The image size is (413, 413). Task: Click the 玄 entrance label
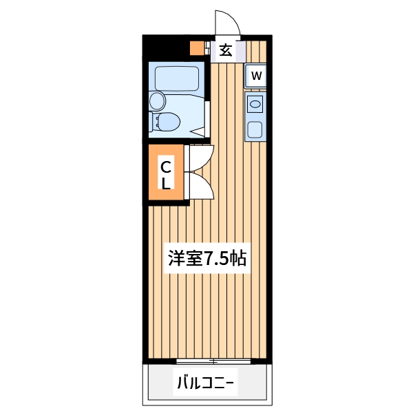(x=225, y=50)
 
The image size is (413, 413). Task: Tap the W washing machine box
(x=256, y=76)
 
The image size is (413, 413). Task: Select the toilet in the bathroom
(x=168, y=122)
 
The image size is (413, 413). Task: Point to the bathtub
(x=177, y=78)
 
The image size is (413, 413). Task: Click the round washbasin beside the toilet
(x=158, y=101)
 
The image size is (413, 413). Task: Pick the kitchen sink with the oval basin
(x=255, y=105)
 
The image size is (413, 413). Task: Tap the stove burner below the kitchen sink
(x=255, y=129)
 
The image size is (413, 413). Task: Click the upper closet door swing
(x=198, y=158)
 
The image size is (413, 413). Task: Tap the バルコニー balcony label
(x=206, y=382)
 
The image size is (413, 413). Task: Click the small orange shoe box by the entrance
(x=196, y=49)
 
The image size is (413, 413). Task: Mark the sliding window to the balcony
(x=214, y=361)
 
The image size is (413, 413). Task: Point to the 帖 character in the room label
(x=238, y=259)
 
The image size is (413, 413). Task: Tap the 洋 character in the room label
(x=177, y=259)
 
